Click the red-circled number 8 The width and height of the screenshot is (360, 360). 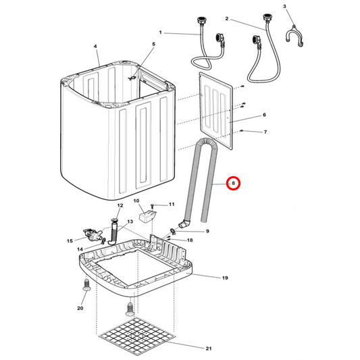[233, 183]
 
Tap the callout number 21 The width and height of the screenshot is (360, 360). [209, 349]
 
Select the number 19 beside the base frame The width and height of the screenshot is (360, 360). [225, 278]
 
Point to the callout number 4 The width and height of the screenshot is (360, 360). [95, 47]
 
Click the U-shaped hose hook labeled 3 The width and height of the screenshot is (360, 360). [294, 36]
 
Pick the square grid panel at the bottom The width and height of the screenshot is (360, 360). [137, 336]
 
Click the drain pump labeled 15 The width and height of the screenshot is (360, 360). [93, 234]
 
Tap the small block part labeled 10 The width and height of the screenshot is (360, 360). [148, 217]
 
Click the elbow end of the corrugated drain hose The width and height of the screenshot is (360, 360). [184, 224]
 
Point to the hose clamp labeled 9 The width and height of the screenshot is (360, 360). [173, 231]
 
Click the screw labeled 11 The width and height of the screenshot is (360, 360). [152, 206]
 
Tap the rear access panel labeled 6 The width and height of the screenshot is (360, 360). [216, 111]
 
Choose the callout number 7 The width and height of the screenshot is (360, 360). [265, 132]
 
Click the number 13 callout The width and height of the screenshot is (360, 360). [130, 222]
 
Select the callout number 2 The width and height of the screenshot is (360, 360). [227, 19]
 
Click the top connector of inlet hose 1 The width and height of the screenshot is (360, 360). [201, 21]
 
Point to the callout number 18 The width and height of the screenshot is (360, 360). [190, 240]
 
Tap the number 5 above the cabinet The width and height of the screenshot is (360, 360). [153, 44]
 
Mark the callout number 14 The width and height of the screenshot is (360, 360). [80, 249]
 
